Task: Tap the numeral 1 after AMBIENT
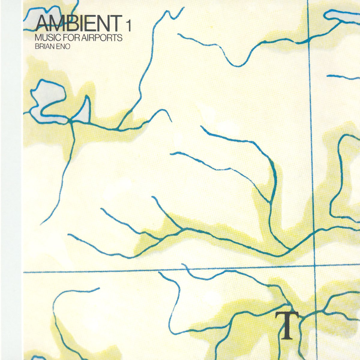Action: click(x=129, y=26)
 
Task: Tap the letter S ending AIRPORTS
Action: click(x=120, y=38)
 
